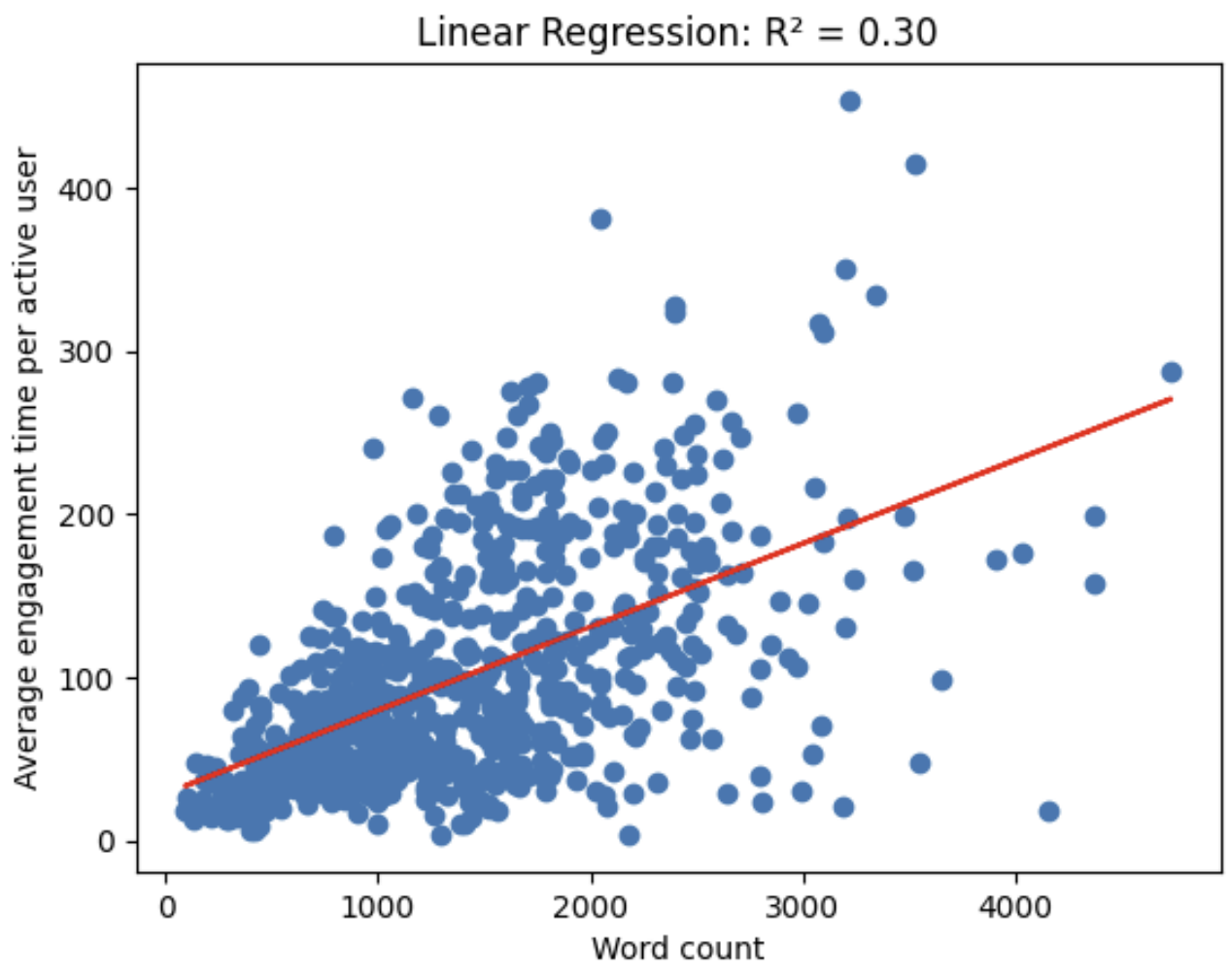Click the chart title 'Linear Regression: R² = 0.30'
point(677,32)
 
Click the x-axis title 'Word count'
point(677,948)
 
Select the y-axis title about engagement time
point(26,468)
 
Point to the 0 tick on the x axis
point(166,907)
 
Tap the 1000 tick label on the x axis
point(378,907)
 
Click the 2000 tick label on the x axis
point(591,907)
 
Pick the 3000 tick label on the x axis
point(803,907)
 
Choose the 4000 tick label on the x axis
point(1015,907)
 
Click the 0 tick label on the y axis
point(106,842)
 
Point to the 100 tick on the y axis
point(85,678)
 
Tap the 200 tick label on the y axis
point(85,515)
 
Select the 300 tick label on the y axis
point(85,352)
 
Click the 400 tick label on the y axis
point(85,188)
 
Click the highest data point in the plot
point(850,101)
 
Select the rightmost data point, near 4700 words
point(1172,372)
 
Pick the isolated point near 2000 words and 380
point(601,219)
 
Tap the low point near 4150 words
point(1049,811)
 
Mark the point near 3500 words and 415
point(915,165)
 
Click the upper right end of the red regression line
point(1171,399)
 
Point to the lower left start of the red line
point(186,786)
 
